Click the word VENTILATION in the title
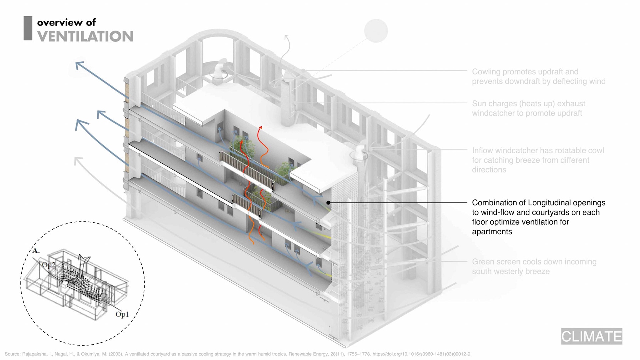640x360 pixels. [x=85, y=36]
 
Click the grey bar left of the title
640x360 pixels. [x=28, y=28]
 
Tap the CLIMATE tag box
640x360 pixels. [x=591, y=336]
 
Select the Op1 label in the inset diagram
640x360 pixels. [x=122, y=314]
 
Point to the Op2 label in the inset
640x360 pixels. [x=49, y=265]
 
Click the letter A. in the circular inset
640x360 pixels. [x=36, y=251]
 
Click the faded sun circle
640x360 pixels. [x=376, y=31]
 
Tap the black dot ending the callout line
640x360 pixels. [x=328, y=203]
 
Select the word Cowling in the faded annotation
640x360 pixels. [x=486, y=72]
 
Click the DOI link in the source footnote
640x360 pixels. [x=421, y=354]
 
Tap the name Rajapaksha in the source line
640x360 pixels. [x=34, y=354]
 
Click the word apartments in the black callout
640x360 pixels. [x=492, y=232]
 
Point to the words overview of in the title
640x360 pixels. [x=66, y=22]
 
